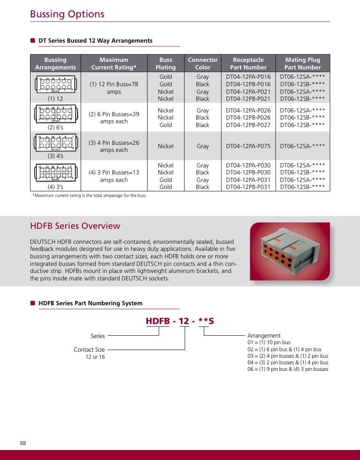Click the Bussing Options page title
(x=67, y=14)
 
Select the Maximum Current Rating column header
(x=114, y=63)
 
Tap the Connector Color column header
(x=202, y=63)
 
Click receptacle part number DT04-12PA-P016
(x=248, y=77)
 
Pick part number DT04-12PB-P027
(x=248, y=125)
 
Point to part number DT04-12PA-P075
(x=248, y=146)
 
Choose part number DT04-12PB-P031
(x=248, y=187)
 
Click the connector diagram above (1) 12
(x=55, y=85)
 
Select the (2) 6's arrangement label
(x=55, y=127)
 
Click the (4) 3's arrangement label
(x=55, y=187)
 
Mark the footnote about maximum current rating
(x=89, y=196)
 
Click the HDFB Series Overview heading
(x=75, y=226)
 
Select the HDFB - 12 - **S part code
(x=180, y=321)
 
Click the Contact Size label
(x=89, y=350)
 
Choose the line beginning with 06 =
(x=287, y=369)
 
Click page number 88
(x=23, y=443)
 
